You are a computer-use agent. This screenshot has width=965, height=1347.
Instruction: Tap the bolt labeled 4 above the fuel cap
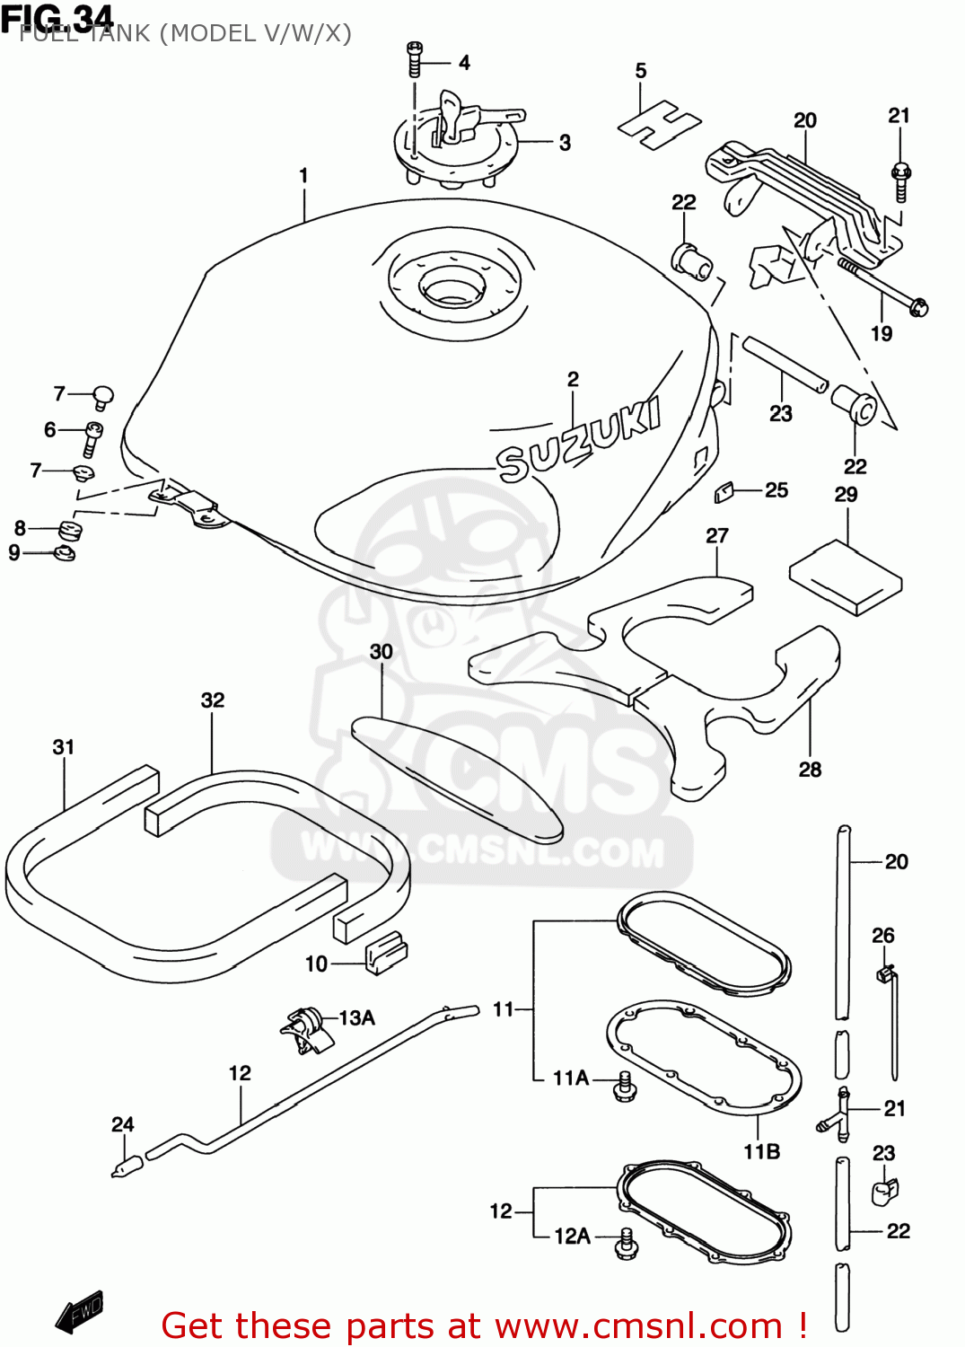click(414, 58)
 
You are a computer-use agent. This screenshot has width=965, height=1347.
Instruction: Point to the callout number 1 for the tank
click(303, 175)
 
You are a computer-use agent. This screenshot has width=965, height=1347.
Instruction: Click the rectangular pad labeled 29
click(845, 577)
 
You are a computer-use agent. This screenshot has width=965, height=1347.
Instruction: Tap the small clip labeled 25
click(724, 491)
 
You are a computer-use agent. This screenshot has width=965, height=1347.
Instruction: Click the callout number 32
click(213, 700)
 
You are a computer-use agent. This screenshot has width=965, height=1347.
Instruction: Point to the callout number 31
click(63, 747)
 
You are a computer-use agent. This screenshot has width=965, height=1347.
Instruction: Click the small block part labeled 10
click(385, 954)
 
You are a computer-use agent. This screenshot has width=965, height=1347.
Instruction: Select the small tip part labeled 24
click(127, 1167)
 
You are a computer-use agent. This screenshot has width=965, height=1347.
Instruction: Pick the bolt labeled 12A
click(627, 1244)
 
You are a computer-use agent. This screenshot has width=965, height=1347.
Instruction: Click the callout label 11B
click(761, 1151)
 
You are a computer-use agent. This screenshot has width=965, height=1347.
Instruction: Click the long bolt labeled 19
click(883, 286)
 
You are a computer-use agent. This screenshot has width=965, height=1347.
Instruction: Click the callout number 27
click(716, 536)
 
